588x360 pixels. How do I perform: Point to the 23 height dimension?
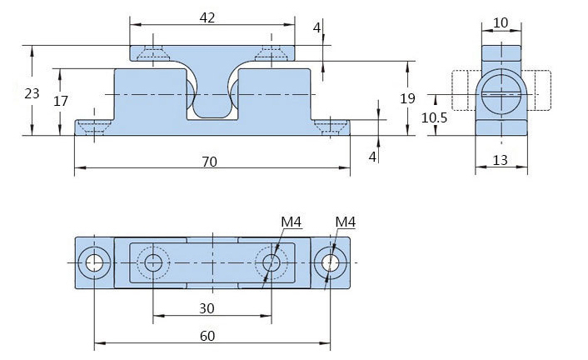(32, 93)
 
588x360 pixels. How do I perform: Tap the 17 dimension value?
(60, 101)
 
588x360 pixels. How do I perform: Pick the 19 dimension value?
(407, 98)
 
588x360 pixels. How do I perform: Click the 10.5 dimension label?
(434, 118)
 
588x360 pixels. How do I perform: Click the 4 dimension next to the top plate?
(316, 27)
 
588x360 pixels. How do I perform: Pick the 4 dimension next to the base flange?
(373, 156)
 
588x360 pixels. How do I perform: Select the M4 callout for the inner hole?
(290, 222)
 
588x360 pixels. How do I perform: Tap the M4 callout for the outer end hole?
(345, 222)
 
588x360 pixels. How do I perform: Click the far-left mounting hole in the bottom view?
(94, 262)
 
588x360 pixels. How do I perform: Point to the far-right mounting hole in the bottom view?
(331, 262)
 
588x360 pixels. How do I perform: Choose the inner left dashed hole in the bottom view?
(153, 262)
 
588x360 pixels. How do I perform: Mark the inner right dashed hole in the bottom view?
(271, 262)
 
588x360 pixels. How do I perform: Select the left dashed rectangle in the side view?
(463, 91)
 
